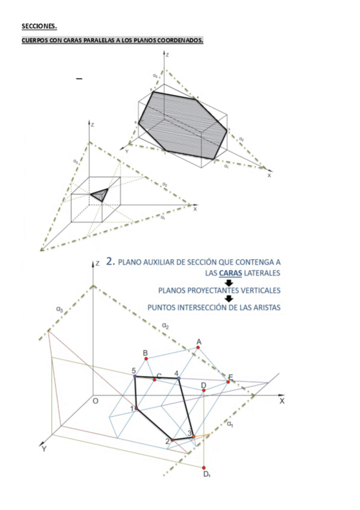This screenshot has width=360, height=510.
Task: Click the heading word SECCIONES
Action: click(39, 26)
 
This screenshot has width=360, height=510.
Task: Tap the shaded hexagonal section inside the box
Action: click(183, 121)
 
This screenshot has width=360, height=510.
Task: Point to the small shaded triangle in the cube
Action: click(99, 194)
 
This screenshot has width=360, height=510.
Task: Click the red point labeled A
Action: click(198, 348)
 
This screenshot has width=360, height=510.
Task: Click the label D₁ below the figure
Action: click(206, 475)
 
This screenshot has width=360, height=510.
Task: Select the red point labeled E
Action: click(228, 382)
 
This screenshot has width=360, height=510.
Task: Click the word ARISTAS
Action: click(265, 307)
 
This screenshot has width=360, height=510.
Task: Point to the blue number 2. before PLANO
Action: click(110, 262)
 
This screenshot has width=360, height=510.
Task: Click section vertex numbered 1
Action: click(136, 408)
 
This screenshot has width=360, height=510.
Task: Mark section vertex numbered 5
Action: click(135, 376)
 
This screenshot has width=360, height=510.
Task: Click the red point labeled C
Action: click(154, 379)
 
